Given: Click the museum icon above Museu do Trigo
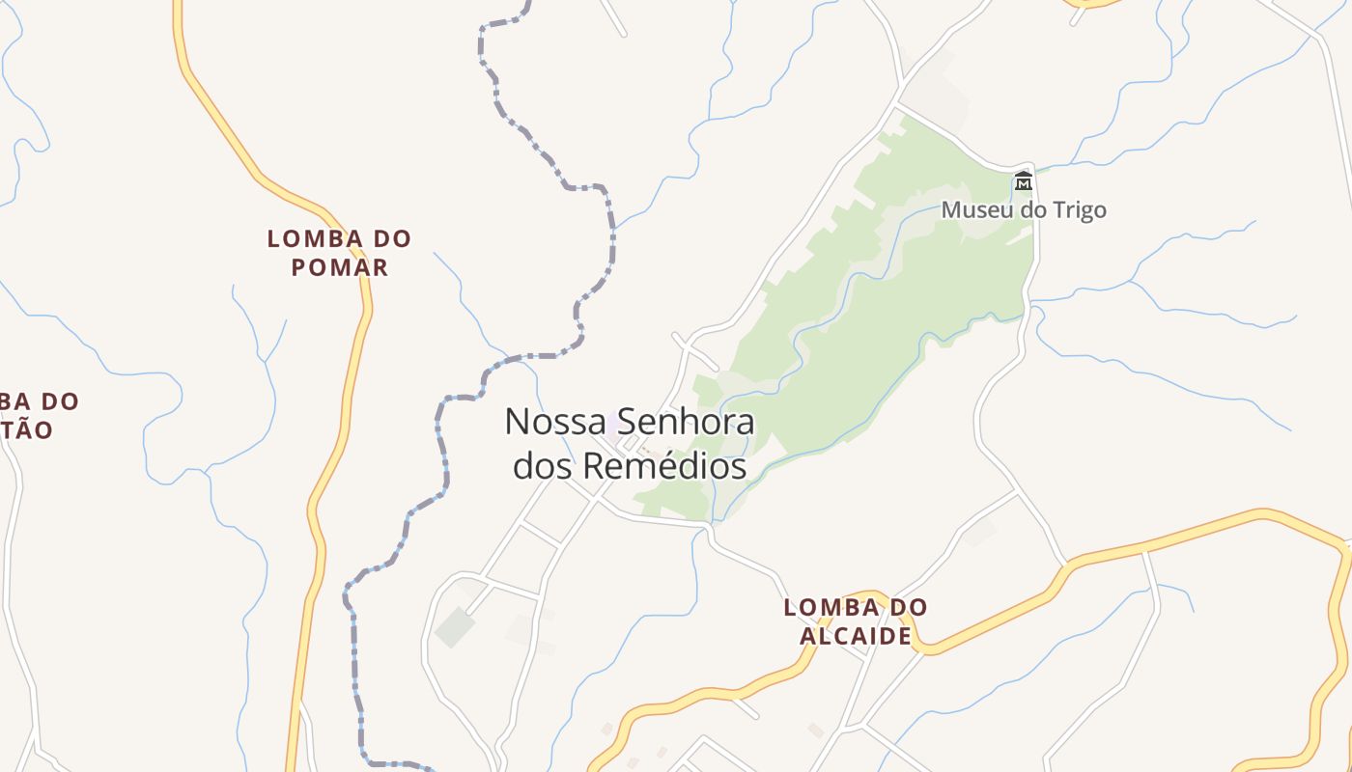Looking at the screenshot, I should (1023, 180).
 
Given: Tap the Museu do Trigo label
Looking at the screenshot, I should (1024, 209).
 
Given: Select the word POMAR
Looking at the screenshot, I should (340, 267).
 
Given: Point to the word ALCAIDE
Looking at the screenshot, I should (856, 636).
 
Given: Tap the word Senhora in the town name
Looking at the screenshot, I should (686, 422).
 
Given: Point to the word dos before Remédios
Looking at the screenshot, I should (541, 466).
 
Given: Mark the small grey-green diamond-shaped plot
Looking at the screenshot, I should (455, 627).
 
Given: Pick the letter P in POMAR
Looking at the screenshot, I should (299, 267).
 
